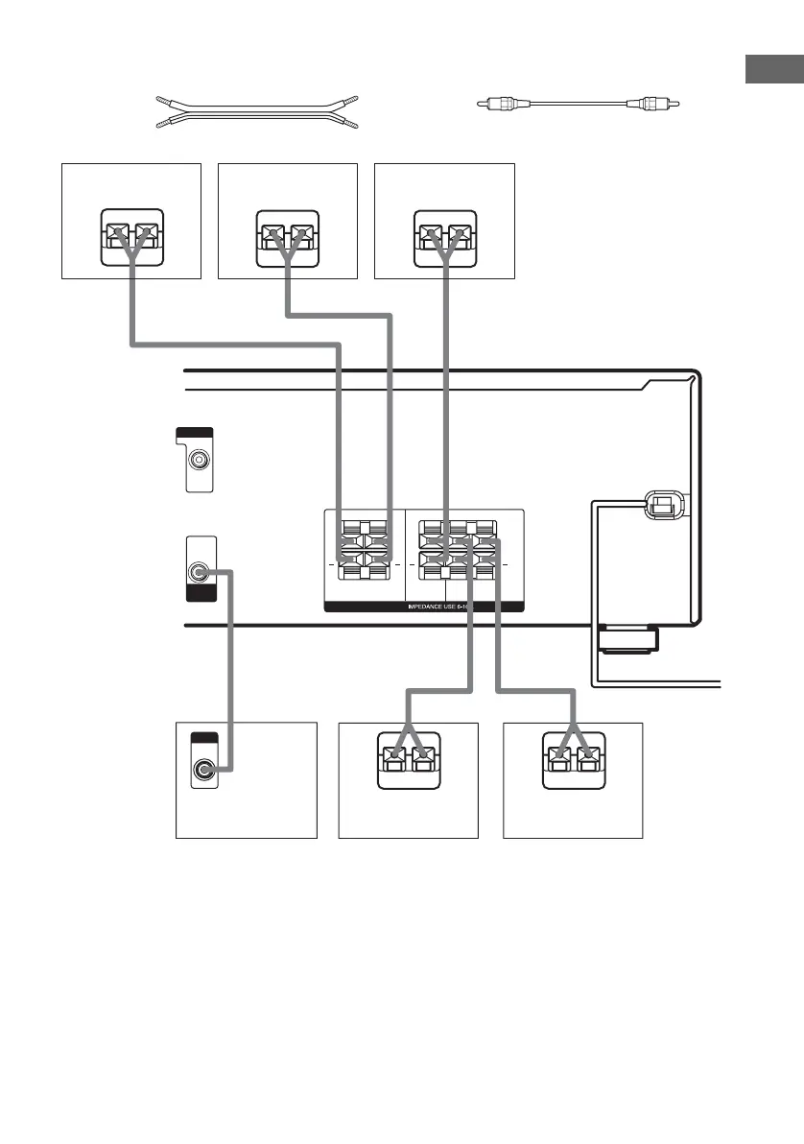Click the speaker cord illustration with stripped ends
pyautogui.click(x=255, y=111)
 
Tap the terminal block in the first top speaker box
pyautogui.click(x=130, y=235)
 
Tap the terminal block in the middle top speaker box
pyautogui.click(x=287, y=235)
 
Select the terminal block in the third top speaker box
pyautogui.click(x=443, y=235)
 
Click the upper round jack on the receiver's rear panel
pyautogui.click(x=199, y=459)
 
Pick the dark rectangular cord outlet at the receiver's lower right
pyautogui.click(x=627, y=636)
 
